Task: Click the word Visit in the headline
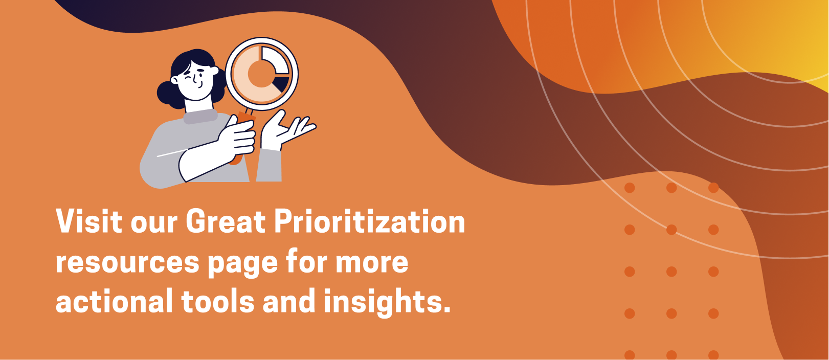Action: point(89,221)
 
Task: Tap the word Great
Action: point(226,221)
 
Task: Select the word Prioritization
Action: point(369,221)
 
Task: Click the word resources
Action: point(127,263)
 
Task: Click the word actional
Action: point(115,301)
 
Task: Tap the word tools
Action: point(218,301)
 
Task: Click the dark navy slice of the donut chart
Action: point(283,84)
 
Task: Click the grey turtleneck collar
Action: point(200,116)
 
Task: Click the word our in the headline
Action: point(154,224)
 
